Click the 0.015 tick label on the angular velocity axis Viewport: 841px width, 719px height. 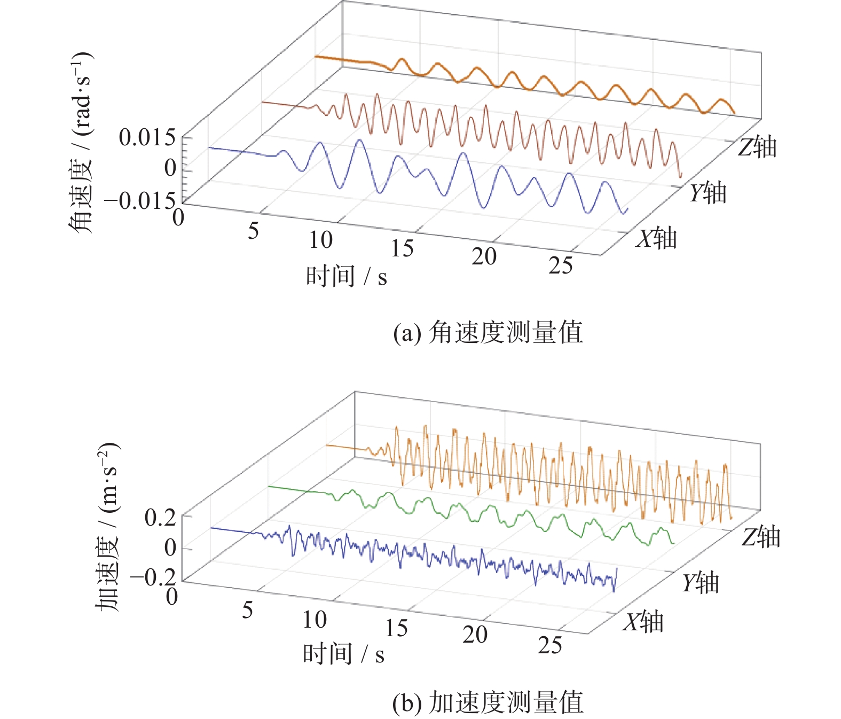(x=147, y=138)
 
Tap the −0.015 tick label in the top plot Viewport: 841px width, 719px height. (x=140, y=201)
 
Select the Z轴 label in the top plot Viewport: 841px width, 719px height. (x=757, y=147)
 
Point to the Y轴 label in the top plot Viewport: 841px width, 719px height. (x=708, y=192)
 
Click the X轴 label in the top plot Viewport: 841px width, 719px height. (x=656, y=238)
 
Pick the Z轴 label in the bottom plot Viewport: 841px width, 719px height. (x=761, y=537)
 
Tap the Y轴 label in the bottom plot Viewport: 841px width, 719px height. (x=701, y=583)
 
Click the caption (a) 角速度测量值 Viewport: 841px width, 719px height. (x=488, y=333)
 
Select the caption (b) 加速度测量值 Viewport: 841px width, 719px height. (x=488, y=702)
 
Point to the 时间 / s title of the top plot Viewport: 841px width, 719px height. (x=346, y=277)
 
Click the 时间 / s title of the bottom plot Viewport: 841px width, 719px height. (x=343, y=654)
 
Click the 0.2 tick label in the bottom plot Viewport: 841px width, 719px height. (x=160, y=518)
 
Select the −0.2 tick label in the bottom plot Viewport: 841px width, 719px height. (x=153, y=577)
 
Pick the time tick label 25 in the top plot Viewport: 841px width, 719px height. (x=560, y=265)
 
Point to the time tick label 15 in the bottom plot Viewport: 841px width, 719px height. (x=396, y=628)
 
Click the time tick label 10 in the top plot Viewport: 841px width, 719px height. (x=320, y=240)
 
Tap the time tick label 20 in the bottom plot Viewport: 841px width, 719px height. (x=475, y=635)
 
